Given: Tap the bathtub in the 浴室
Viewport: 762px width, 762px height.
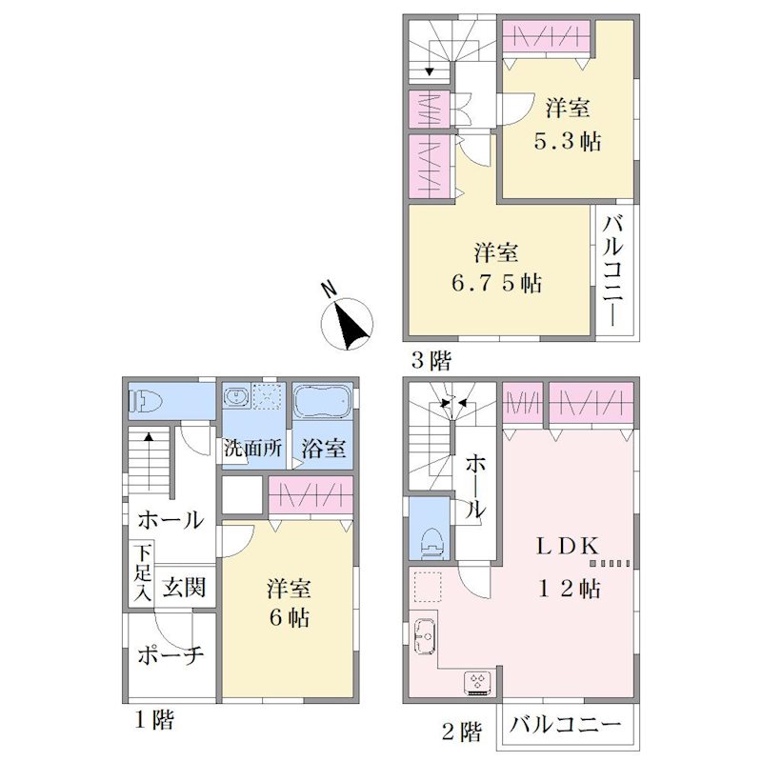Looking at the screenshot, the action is [323, 402].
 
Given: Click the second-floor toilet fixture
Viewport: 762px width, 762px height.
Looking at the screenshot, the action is [432, 543].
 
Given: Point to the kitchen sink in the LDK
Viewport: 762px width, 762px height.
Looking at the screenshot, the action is [425, 636].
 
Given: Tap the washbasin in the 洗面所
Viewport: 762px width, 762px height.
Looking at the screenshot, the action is [236, 396].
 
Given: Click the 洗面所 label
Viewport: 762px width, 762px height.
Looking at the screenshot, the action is [252, 449].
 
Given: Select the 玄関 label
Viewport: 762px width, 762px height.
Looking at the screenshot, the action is [185, 588].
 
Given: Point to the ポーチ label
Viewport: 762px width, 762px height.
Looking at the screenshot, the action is [170, 655].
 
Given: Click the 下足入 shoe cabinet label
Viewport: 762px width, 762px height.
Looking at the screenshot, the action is [143, 573].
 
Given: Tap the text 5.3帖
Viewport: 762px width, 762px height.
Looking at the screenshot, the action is [568, 141].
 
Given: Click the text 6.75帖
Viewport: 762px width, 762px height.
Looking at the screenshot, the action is [496, 282].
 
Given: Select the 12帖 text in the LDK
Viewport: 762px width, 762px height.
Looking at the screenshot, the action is [569, 589].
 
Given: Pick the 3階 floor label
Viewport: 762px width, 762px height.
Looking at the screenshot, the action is [431, 361].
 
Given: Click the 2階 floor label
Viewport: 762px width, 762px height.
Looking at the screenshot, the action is [462, 732].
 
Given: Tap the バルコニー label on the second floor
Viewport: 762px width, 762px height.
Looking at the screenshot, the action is [566, 725].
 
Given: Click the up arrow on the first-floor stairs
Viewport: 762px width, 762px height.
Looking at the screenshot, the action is [149, 462].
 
